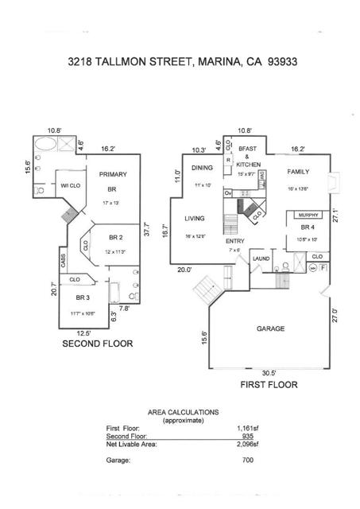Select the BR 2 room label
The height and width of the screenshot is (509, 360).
coord(115,237)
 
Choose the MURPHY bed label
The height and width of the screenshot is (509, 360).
coord(306,215)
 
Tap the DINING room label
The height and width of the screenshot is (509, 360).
coord(202,168)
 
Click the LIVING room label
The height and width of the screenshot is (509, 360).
coord(195,218)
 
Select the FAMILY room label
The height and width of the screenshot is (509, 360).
coord(298,171)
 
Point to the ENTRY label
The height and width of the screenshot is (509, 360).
coord(234,241)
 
